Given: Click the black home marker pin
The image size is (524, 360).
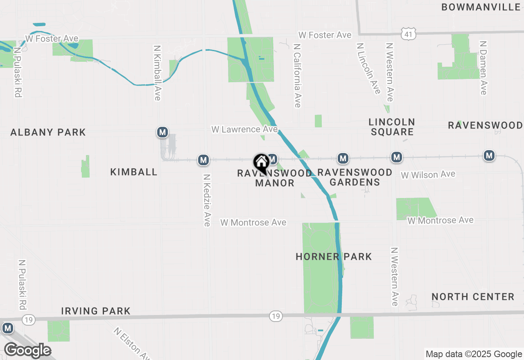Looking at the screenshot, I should (x=261, y=163).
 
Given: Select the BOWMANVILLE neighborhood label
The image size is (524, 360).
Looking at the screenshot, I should (x=481, y=7).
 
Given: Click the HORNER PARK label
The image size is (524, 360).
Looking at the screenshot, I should (x=334, y=257).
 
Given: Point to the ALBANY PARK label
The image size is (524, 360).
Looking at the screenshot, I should (x=48, y=132).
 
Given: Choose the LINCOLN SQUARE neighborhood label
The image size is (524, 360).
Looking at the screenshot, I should (x=392, y=127).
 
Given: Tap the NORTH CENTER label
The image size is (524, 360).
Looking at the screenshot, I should (x=473, y=297).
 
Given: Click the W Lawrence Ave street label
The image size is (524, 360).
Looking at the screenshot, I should (x=244, y=129).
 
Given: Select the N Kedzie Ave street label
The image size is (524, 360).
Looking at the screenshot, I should (x=207, y=200).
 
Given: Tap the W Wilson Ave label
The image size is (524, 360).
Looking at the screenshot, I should (x=428, y=175).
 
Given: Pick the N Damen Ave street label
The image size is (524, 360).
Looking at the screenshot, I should (x=483, y=67).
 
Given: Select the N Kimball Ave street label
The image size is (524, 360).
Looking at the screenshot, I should (x=157, y=72).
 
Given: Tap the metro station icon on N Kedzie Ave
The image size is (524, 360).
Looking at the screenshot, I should (x=203, y=160).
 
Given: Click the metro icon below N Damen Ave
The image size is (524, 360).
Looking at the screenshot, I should (x=489, y=155).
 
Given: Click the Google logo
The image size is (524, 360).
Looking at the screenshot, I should (x=27, y=350).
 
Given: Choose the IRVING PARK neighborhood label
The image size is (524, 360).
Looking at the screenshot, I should (x=96, y=311).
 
